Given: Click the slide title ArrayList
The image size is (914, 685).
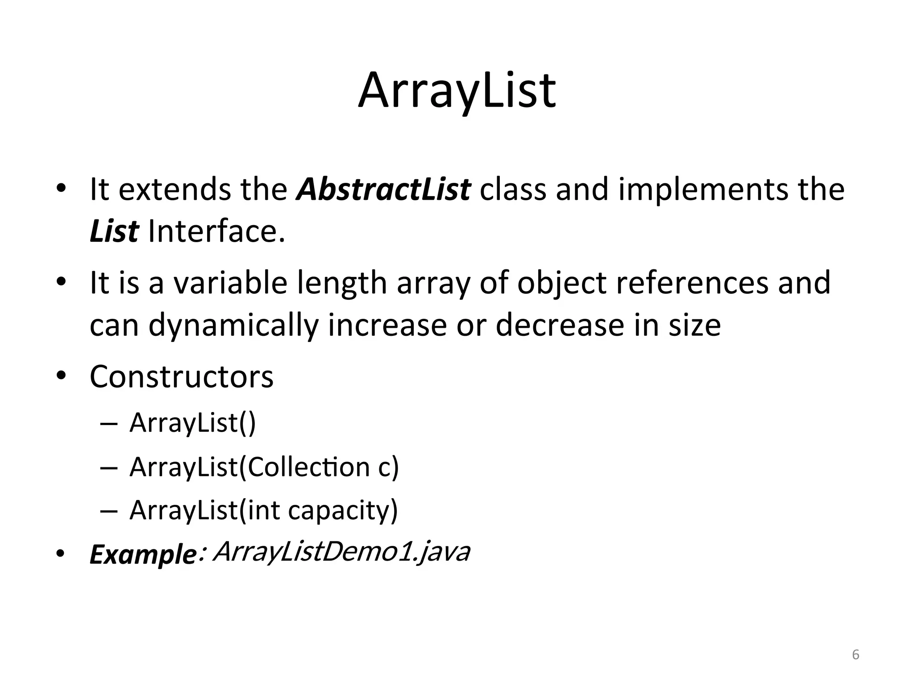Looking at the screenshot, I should pos(457,91).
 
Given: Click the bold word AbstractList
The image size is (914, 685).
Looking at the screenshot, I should pos(383,189).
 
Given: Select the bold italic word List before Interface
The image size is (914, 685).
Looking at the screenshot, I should pos(114,232).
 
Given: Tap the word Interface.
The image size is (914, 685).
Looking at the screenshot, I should pos(216,232).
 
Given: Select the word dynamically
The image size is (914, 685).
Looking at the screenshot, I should pos(233,325).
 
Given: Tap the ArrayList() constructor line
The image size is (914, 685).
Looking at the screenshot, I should pos(192,422).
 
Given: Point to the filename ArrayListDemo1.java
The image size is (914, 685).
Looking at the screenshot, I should pos(341,552).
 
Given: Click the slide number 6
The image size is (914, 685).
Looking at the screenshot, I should pos(856,655).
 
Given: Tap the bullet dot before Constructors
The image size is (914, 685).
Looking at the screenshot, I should pos(61,376).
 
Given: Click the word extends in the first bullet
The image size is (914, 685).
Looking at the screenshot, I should pos(175,189).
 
